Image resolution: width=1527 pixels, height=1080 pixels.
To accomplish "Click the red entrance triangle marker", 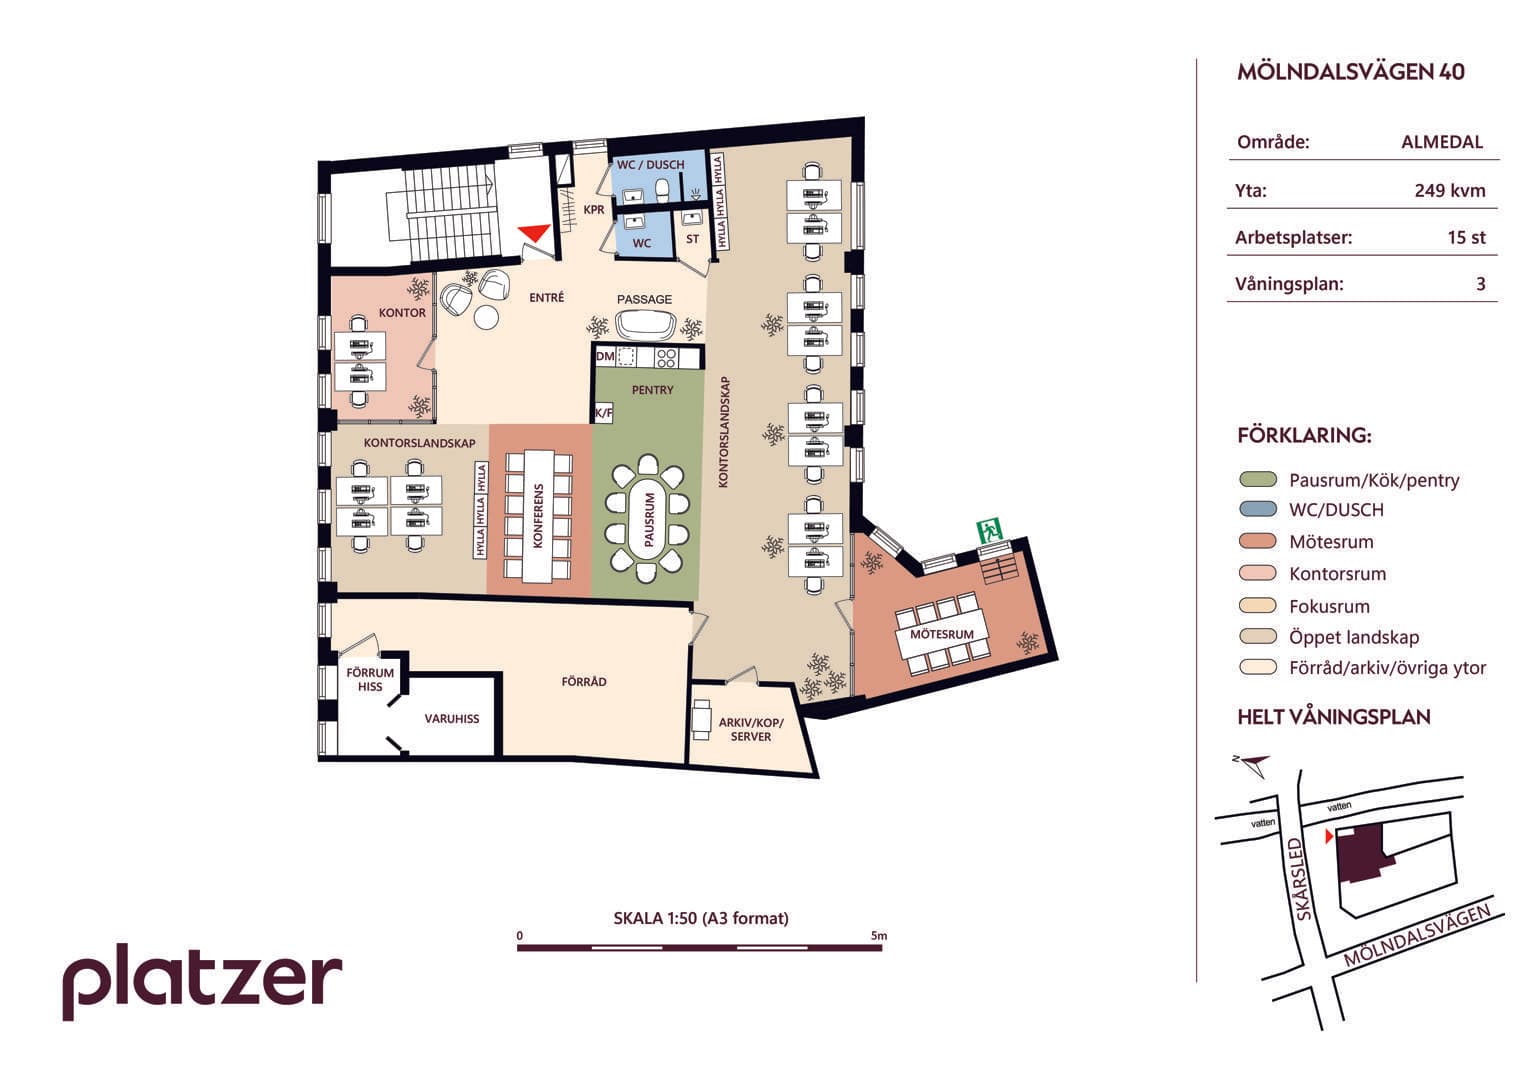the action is pos(535,232).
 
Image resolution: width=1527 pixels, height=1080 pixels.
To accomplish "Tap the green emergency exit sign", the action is pos(990,530).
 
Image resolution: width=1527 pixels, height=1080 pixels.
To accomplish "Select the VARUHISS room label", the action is pos(451,719).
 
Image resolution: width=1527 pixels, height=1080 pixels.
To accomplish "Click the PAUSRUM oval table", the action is pos(648,520).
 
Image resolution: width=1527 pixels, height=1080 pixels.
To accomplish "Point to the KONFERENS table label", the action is pos(539,516).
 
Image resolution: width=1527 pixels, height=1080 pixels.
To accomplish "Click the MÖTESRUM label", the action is pos(942,634).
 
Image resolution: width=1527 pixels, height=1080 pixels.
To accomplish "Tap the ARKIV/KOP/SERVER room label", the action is pos(751,730).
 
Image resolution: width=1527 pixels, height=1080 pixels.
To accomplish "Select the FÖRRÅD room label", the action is pos(584,681).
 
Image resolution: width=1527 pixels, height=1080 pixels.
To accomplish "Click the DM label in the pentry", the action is pos(605,356).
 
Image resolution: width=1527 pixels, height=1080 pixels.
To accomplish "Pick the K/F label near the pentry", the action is pos(603,412).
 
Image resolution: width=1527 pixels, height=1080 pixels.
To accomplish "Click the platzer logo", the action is pos(202,980).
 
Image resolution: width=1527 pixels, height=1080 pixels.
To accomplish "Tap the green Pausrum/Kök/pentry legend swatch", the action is pos(1258,479).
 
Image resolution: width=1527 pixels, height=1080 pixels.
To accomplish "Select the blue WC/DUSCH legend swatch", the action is pos(1258,509).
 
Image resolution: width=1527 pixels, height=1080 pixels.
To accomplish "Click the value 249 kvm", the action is pos(1450,190).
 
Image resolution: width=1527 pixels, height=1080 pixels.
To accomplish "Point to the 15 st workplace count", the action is pos(1466,237).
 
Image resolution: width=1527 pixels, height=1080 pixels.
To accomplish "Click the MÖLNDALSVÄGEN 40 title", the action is pos(1350,72).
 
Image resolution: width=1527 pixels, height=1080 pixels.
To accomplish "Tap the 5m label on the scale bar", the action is pos(879,935).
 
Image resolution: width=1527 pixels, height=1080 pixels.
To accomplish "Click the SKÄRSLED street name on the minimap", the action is pos(1303,879).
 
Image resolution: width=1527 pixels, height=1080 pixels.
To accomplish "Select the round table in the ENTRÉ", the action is pos(487,317).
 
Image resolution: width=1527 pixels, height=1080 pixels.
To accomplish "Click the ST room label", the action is pos(693,239).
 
